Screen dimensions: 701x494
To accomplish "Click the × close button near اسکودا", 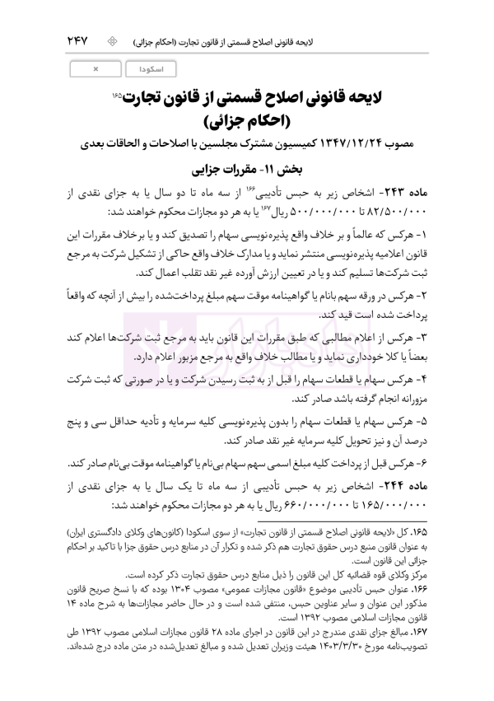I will pyautogui.click(x=96, y=69).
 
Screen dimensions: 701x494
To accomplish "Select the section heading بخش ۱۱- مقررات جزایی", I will pyautogui.click(x=260, y=173).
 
